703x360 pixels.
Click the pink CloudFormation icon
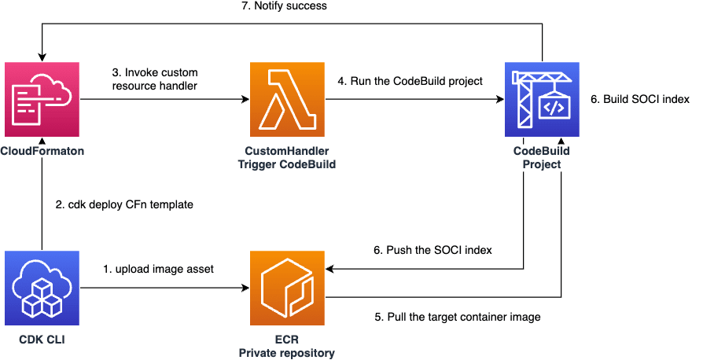click(x=42, y=100)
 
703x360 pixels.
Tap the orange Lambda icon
click(x=286, y=100)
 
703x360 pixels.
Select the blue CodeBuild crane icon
click(x=542, y=100)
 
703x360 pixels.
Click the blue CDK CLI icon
click(x=42, y=288)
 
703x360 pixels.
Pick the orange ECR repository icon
click(x=286, y=288)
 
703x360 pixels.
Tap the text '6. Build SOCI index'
click(x=639, y=100)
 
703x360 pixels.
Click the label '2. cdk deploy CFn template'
click(x=125, y=204)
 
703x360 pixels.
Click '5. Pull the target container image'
click(x=456, y=318)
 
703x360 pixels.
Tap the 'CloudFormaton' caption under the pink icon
click(x=42, y=150)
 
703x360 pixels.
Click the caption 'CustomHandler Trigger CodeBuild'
click(x=286, y=157)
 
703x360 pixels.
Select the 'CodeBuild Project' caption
click(x=542, y=157)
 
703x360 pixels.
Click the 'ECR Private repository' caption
click(x=286, y=346)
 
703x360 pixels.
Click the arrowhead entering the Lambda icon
click(x=244, y=100)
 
